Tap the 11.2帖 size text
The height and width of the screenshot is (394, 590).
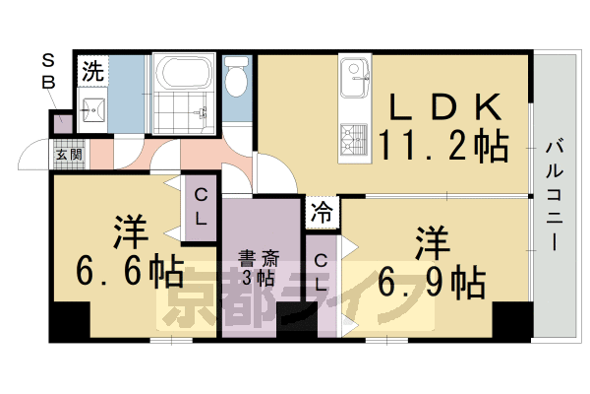[x=444, y=147]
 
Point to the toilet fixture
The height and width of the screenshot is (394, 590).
[x=236, y=78]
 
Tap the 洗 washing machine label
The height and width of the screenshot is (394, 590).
[x=91, y=71]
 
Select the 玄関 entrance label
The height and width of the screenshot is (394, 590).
[x=67, y=155]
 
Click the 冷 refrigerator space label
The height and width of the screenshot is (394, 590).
[x=322, y=210]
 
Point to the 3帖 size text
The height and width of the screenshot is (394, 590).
[x=260, y=278]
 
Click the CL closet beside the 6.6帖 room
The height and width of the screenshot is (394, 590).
[x=200, y=207]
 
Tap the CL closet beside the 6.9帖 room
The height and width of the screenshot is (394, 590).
[x=321, y=270]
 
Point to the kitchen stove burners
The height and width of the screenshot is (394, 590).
[x=351, y=140]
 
